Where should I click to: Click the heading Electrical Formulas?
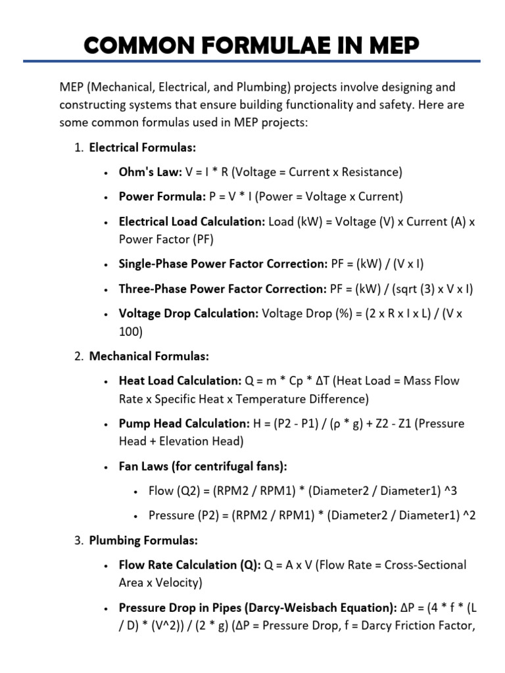coord(143,147)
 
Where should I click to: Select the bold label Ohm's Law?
coord(150,172)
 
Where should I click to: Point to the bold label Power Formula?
coord(162,197)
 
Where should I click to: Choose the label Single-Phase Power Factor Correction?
coord(222,264)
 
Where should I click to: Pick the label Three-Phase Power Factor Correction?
coord(222,289)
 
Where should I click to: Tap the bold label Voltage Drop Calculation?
coord(189,313)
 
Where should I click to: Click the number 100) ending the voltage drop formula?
coord(130,332)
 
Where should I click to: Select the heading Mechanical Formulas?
coord(149,356)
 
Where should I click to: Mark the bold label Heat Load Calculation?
coord(180,381)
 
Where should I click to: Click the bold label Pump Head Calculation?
coord(184,423)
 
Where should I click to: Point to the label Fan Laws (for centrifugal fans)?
coord(203,466)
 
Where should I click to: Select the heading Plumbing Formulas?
coord(143,540)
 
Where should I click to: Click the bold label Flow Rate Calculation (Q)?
coord(189,565)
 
